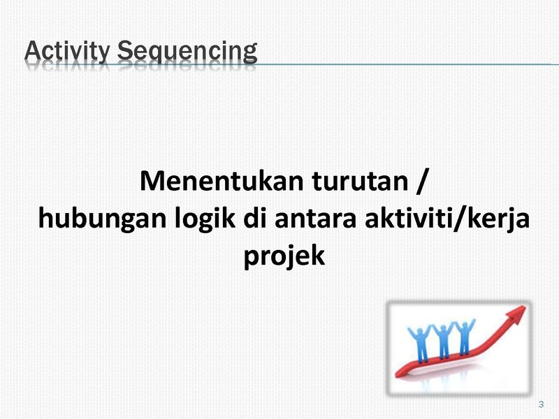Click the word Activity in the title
pyautogui.click(x=67, y=51)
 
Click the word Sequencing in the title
pyautogui.click(x=187, y=52)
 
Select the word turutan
pyautogui.click(x=360, y=182)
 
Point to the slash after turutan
pyautogui.click(x=421, y=182)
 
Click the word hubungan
pyautogui.click(x=102, y=219)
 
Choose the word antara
pyautogui.click(x=316, y=218)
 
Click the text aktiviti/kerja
pyautogui.click(x=447, y=219)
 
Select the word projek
pyautogui.click(x=284, y=256)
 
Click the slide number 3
pyautogui.click(x=541, y=404)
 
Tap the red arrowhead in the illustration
pyautogui.click(x=516, y=315)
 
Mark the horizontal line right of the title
pyautogui.click(x=408, y=64)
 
